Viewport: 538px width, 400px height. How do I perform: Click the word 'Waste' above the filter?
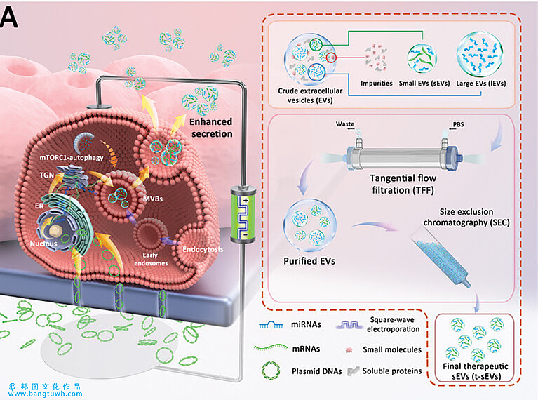(344, 124)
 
